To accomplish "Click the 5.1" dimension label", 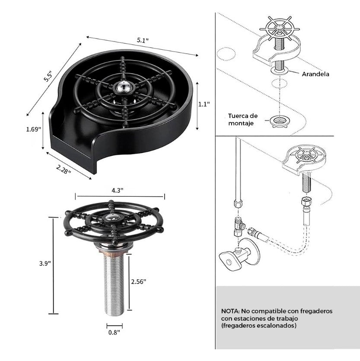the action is click(143, 40).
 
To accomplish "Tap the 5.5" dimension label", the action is click(48, 76).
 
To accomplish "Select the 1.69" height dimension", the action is click(33, 129).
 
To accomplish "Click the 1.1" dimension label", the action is click(204, 104).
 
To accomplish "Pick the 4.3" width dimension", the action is click(118, 190).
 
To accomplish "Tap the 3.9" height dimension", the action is click(45, 263).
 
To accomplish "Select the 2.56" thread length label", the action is click(139, 281).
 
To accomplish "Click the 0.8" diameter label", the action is click(114, 332).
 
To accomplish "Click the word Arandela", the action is click(315, 74).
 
